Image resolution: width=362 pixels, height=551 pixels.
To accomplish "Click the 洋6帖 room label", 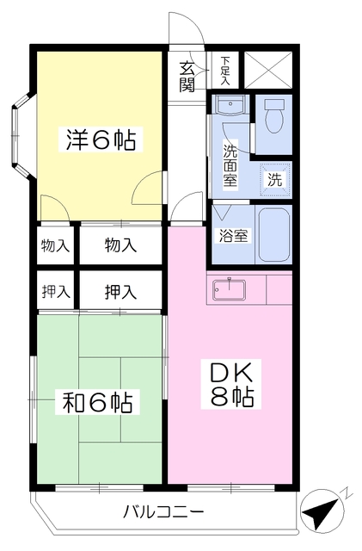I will pyautogui.click(x=101, y=140).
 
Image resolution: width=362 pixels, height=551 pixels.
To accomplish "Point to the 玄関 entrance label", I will pyautogui.click(x=187, y=75).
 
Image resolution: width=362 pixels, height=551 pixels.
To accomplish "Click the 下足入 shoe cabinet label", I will pyautogui.click(x=225, y=68).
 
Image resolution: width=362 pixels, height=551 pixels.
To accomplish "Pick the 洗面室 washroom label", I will pyautogui.click(x=230, y=164).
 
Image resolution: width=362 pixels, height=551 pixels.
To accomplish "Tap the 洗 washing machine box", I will pyautogui.click(x=274, y=180).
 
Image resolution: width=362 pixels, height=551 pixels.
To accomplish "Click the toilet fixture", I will pyautogui.click(x=276, y=118).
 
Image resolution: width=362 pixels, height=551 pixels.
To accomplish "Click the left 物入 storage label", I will pyautogui.click(x=56, y=245).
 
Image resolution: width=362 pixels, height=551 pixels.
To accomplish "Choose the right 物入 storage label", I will pyautogui.click(x=120, y=245).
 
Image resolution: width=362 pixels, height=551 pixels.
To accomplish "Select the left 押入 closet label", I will pyautogui.click(x=56, y=291).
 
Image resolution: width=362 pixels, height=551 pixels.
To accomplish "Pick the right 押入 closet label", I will pyautogui.click(x=120, y=291).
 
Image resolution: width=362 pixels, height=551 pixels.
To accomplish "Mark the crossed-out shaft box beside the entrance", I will pyautogui.click(x=267, y=70).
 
